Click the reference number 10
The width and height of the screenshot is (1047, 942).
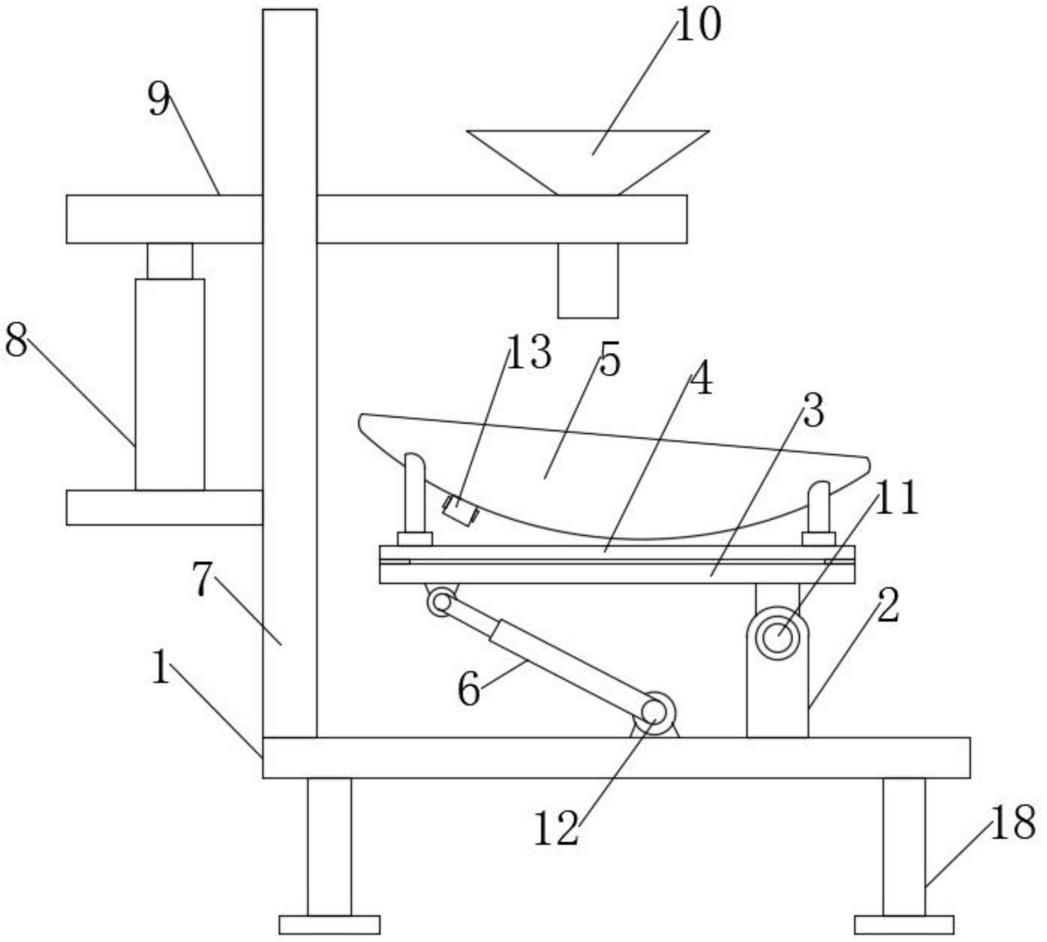[698, 26]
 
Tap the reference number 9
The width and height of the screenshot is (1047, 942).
[158, 100]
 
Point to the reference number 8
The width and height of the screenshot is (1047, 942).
[16, 341]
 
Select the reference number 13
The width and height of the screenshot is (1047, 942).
[529, 352]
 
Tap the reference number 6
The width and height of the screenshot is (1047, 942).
[468, 690]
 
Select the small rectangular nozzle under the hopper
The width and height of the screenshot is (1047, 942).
[588, 280]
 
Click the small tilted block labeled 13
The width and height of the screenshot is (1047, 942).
[460, 511]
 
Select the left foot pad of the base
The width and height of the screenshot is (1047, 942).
[329, 924]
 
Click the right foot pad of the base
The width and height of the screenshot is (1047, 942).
[904, 924]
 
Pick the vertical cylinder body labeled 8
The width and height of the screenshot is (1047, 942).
[170, 384]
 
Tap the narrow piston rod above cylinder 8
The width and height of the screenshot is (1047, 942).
[170, 261]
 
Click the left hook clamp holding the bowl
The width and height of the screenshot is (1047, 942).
[414, 500]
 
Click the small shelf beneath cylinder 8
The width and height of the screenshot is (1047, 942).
[164, 507]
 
